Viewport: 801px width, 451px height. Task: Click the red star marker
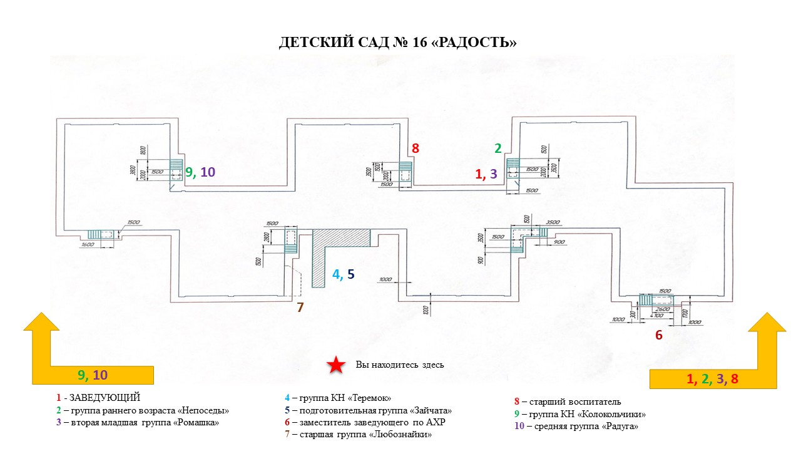[337, 365]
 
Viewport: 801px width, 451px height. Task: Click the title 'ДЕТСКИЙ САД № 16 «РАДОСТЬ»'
[398, 43]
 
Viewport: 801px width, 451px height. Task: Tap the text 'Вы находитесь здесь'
[400, 365]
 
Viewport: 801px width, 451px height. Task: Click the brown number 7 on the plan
[300, 307]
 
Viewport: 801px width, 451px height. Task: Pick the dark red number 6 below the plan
[658, 335]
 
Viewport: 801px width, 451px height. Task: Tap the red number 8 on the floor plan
[415, 148]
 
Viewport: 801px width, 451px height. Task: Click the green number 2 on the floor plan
[498, 148]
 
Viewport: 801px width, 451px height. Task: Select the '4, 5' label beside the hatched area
[344, 274]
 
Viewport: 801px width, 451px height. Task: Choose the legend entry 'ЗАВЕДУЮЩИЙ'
[98, 398]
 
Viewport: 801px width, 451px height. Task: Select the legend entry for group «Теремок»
[338, 398]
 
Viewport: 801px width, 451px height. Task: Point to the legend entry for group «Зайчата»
[368, 411]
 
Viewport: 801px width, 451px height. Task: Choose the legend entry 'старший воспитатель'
[567, 402]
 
